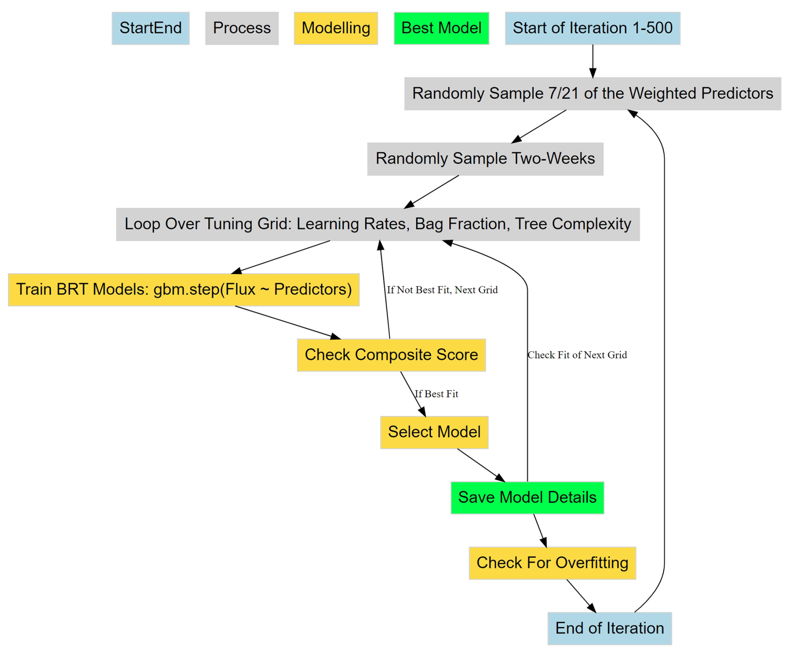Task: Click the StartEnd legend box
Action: pos(150,28)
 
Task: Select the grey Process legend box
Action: pos(242,28)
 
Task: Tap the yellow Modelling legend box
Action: pos(335,28)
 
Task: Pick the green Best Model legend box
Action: pos(441,28)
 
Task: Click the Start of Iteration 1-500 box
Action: pos(592,28)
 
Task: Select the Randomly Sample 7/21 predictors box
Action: pos(592,93)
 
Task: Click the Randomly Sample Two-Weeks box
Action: pos(485,159)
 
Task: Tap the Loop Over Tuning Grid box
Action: pos(377,224)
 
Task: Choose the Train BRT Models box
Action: pos(183,289)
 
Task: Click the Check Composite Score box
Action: pos(391,355)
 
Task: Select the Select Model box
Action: pos(434,432)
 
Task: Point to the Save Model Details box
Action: pos(527,497)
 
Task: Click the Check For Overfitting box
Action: pos(552,562)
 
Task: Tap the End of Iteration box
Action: pos(609,628)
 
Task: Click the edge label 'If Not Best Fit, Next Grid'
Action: pos(442,290)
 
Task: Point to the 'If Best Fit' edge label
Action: pos(436,394)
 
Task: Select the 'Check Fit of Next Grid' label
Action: pos(577,355)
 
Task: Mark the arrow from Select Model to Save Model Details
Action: pos(481,465)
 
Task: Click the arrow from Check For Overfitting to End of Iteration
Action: pos(581,595)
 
